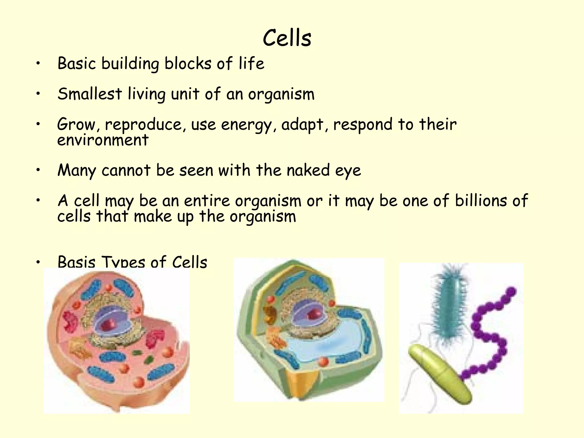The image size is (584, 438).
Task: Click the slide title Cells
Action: tap(287, 38)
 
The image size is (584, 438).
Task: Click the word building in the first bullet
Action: tap(130, 64)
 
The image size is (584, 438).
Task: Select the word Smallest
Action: tap(90, 94)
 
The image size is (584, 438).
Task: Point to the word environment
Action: tap(103, 140)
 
